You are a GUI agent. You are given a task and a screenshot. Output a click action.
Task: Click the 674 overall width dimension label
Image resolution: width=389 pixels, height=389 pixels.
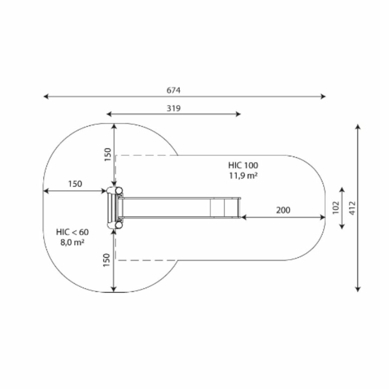click(173, 90)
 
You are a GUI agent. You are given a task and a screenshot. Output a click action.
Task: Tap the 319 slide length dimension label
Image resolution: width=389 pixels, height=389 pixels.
click(173, 108)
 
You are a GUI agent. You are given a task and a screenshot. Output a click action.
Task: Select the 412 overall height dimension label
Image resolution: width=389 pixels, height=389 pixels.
click(352, 208)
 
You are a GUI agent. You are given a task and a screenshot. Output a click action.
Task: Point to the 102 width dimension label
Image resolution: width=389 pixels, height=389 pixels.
click(335, 207)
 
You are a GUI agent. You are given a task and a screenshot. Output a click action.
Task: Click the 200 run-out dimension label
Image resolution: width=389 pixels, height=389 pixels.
click(283, 210)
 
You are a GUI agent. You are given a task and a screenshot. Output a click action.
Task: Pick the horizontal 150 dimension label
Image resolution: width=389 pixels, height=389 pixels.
click(75, 184)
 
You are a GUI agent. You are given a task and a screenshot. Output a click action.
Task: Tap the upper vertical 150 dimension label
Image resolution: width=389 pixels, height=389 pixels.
click(108, 155)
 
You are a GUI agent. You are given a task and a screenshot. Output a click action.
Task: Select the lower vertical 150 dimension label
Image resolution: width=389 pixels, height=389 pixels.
click(106, 260)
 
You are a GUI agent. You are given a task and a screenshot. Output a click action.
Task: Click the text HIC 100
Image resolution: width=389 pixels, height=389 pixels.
click(243, 165)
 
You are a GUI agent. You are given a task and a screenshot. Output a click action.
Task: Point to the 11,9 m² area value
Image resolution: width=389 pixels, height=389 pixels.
click(243, 175)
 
